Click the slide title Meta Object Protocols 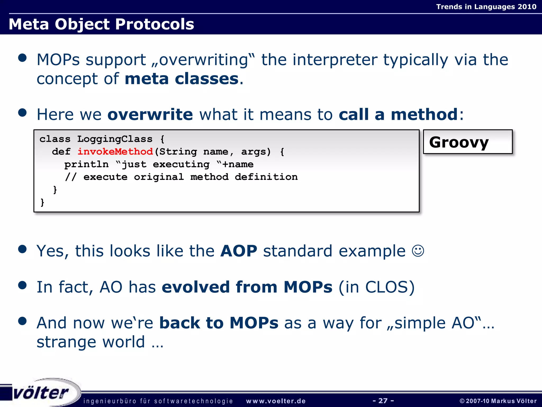[x=101, y=24]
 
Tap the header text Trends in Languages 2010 [x=486, y=7]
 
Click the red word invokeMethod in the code [x=115, y=152]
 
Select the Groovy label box [x=468, y=142]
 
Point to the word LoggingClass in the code [x=115, y=139]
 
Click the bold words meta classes [x=182, y=79]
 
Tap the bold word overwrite [x=150, y=114]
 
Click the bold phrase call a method [x=398, y=114]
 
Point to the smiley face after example [x=418, y=251]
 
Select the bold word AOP [x=239, y=251]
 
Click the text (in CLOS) [x=377, y=287]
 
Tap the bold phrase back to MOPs [x=219, y=323]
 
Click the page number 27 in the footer [x=383, y=401]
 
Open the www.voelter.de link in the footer [x=276, y=401]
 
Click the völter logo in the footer [x=41, y=392]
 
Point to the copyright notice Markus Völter [x=498, y=401]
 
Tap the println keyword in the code [x=86, y=164]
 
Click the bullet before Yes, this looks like [x=22, y=249]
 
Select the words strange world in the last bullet [x=91, y=342]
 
